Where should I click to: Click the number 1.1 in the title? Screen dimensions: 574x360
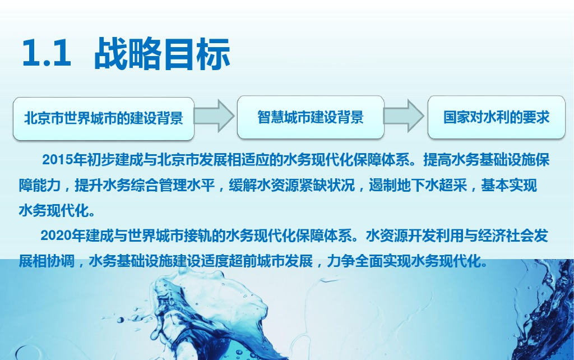coord(47,53)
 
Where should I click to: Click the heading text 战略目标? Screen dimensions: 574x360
coord(162,53)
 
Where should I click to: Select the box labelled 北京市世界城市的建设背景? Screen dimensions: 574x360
coord(104,119)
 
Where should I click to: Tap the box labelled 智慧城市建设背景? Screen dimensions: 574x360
coord(311,117)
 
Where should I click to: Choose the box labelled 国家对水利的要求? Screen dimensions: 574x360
coord(497,117)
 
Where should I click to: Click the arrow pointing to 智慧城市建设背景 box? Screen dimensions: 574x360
coord(214,116)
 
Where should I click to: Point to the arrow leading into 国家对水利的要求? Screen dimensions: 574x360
coord(404,116)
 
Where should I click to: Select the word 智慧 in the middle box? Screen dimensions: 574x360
coord(271,117)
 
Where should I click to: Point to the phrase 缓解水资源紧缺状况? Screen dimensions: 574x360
coord(291,185)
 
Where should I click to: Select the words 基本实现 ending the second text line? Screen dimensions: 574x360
coord(509,185)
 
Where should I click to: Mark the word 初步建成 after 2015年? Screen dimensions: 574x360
coord(114,160)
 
